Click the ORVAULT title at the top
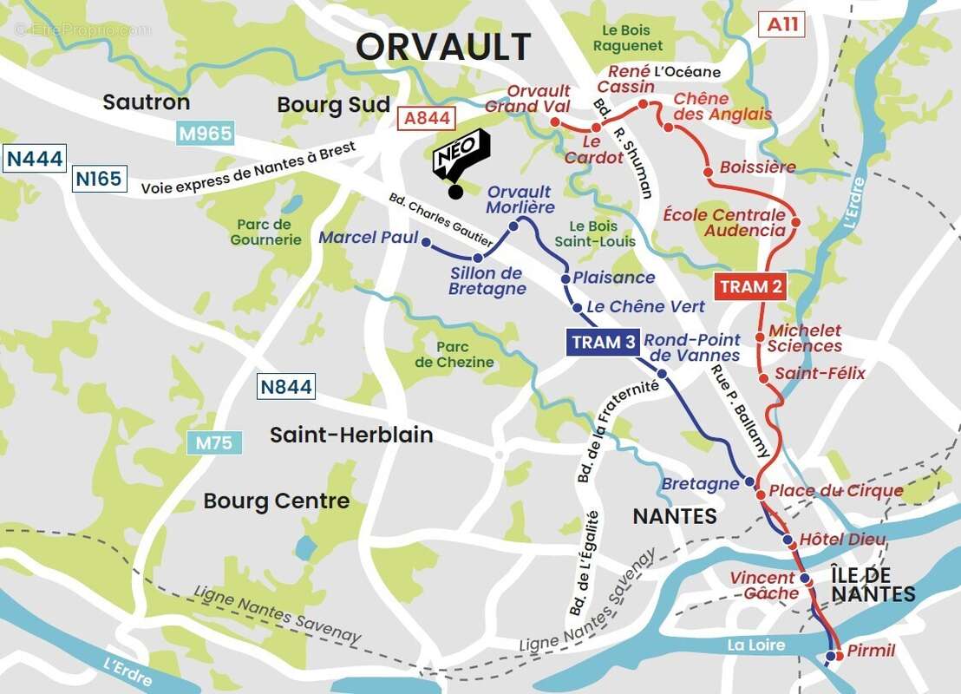443,47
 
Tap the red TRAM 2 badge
749,286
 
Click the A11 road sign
781,24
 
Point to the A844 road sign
426,117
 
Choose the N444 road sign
35,158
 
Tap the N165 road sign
100,179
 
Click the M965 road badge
205,134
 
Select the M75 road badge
213,442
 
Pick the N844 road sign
285,387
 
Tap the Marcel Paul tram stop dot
426,242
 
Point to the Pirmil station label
870,651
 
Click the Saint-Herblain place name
351,435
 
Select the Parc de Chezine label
454,355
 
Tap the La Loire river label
755,645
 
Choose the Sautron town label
146,102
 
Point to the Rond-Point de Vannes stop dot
662,374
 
